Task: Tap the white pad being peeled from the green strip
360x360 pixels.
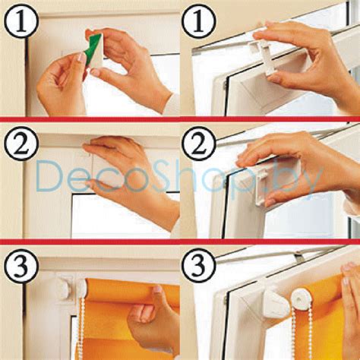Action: click(x=97, y=52)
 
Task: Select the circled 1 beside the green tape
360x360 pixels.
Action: click(x=21, y=21)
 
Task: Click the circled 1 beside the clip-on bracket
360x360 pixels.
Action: click(x=199, y=21)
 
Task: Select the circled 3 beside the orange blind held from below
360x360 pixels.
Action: click(x=21, y=266)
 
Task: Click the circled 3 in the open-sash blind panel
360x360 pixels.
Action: click(x=199, y=266)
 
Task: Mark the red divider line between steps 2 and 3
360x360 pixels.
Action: click(x=180, y=242)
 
